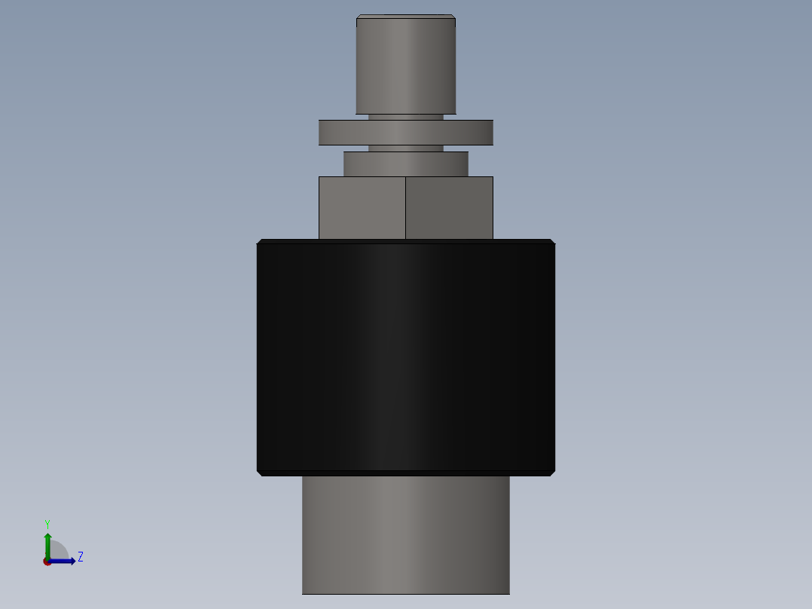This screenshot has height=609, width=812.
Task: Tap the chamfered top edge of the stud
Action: tap(405, 16)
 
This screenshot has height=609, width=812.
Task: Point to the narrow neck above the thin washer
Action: tap(405, 117)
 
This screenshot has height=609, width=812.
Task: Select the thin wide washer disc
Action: tap(405, 133)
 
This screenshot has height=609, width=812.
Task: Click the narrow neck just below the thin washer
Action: tap(405, 148)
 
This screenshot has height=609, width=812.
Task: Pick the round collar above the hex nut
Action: tap(405, 164)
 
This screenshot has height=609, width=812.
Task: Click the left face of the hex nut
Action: tap(362, 208)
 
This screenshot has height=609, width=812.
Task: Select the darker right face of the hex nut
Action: tap(449, 208)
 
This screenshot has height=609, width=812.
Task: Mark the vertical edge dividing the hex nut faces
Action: tap(405, 208)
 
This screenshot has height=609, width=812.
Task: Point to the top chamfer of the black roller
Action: tap(405, 241)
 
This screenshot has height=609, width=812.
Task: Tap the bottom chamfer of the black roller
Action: tap(405, 473)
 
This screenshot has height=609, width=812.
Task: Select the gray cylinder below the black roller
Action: tap(405, 535)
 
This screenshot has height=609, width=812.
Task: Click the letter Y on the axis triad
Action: tap(47, 524)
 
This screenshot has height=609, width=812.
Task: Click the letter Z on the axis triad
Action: tap(80, 557)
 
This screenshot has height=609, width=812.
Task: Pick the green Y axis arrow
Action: tap(47, 543)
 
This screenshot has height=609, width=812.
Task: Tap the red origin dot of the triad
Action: tap(47, 562)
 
